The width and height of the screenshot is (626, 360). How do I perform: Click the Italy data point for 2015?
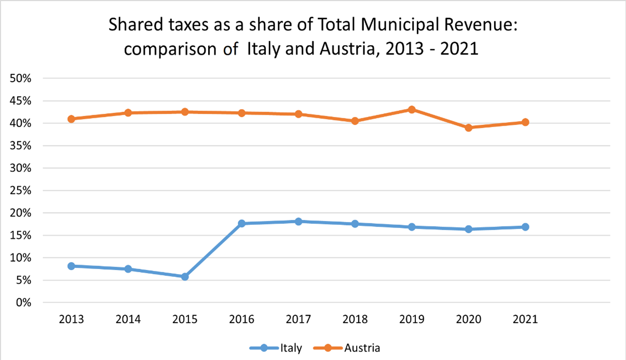[x=185, y=277]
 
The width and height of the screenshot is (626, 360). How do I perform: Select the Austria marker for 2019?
[x=412, y=110]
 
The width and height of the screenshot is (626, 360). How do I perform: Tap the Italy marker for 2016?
[x=241, y=223]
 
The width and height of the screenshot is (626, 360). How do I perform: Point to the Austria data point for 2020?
[x=469, y=127]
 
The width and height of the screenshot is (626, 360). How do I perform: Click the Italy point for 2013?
[x=71, y=266]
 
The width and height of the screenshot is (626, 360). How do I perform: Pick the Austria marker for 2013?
[x=71, y=119]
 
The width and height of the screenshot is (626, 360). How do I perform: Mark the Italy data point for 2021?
[x=525, y=227]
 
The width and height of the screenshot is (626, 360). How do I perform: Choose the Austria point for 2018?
[x=355, y=121]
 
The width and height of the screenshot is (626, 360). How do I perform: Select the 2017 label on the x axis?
[x=298, y=319]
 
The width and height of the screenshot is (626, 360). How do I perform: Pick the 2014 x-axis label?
[x=128, y=319]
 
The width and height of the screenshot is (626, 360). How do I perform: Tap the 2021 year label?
[x=525, y=319]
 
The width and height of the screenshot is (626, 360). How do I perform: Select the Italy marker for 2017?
[x=298, y=221]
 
